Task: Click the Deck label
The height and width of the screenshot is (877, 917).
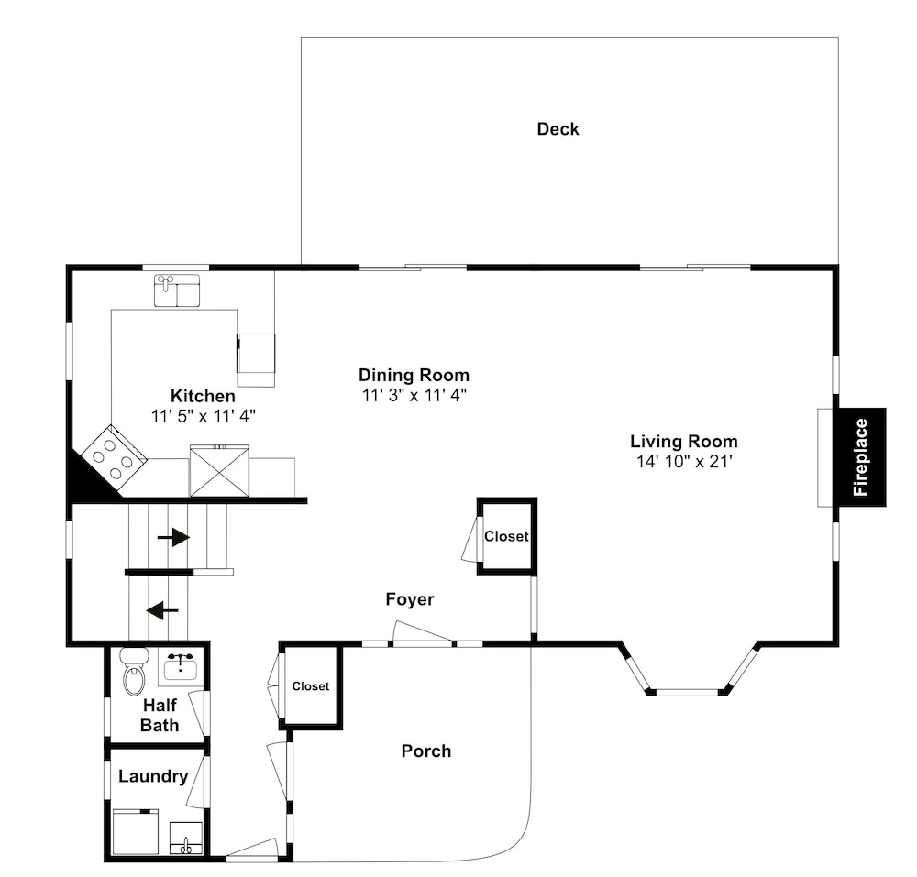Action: [x=558, y=129]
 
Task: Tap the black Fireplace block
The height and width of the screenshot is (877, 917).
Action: [x=861, y=457]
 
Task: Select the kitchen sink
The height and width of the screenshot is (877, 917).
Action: [x=177, y=291]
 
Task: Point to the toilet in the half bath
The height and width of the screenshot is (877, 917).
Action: [x=134, y=672]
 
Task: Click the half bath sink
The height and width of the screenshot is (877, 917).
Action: [x=180, y=666]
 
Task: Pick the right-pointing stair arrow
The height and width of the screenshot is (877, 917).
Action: [x=173, y=537]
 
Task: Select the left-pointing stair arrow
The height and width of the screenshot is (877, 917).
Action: [x=162, y=611]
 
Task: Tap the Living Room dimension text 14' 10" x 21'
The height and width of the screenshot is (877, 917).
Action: [x=684, y=462]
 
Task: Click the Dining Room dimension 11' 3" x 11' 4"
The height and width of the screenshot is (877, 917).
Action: [x=414, y=396]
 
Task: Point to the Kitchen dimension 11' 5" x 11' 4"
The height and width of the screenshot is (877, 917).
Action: [x=204, y=417]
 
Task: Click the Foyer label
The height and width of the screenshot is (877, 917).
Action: [x=409, y=599]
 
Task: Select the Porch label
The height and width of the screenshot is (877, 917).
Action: [x=426, y=751]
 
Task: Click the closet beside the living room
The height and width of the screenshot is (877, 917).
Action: [x=506, y=536]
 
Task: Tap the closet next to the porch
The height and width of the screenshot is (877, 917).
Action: [x=311, y=686]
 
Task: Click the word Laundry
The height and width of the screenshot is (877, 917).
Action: [x=153, y=776]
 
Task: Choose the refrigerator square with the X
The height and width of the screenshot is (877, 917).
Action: [x=219, y=471]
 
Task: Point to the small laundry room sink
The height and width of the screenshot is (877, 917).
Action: [x=186, y=839]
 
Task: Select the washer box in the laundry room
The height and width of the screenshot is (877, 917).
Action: [x=136, y=832]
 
